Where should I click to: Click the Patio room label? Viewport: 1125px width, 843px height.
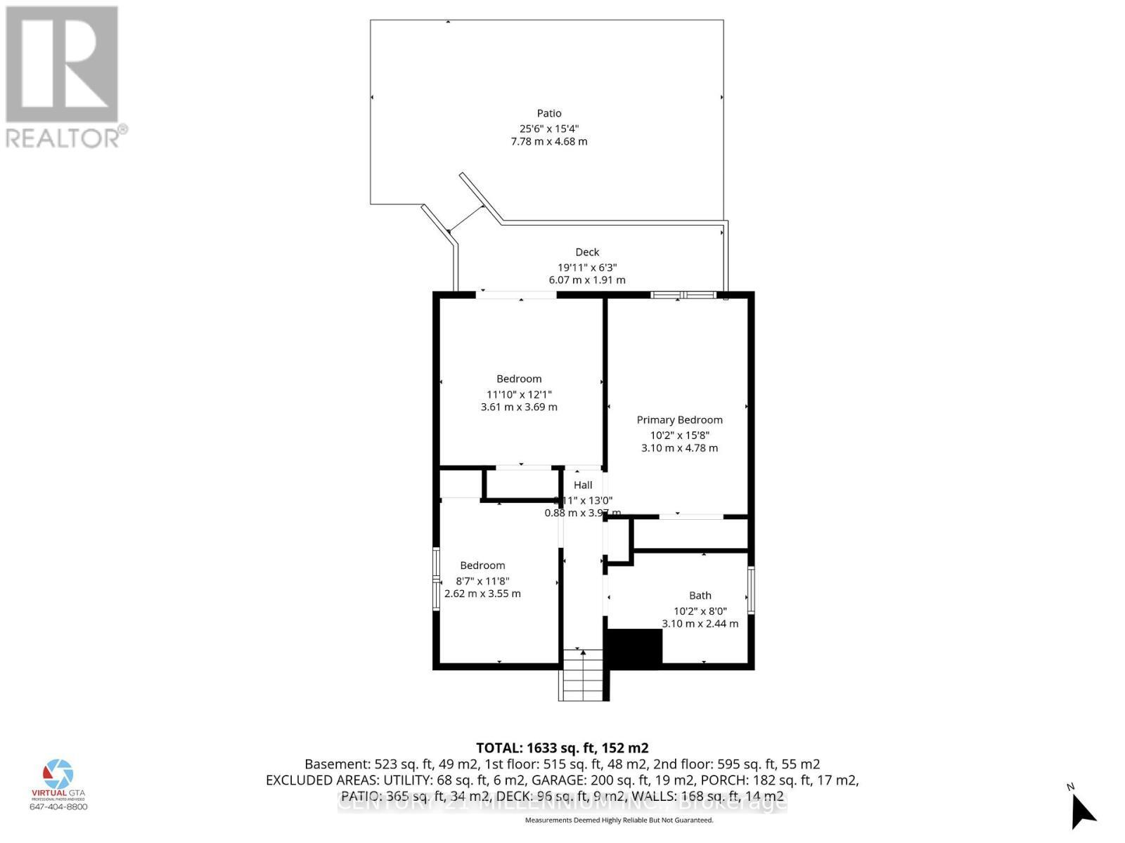(549, 113)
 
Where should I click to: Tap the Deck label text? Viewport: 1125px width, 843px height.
(587, 252)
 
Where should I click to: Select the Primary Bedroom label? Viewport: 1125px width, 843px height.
(679, 420)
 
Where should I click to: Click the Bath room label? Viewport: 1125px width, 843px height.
(700, 596)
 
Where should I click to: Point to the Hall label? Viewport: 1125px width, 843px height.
(583, 485)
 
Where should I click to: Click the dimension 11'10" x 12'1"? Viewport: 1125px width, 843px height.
(519, 394)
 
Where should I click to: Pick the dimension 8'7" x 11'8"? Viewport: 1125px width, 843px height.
(482, 581)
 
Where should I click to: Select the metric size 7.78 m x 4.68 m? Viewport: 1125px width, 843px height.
(549, 141)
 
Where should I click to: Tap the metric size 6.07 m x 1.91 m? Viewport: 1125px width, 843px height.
(587, 280)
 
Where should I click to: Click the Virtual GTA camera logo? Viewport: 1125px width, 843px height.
(58, 775)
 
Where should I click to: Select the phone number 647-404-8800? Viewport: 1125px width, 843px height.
(58, 806)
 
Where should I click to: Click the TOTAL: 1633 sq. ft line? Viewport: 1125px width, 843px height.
(562, 747)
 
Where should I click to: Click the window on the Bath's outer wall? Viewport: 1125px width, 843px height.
(751, 590)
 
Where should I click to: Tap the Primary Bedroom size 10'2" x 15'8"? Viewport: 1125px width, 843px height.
(679, 435)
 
